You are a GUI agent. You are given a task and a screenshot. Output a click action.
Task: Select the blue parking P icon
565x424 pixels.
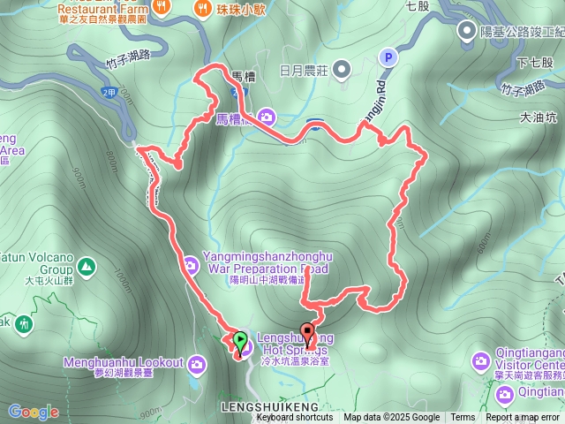pyautogui.click(x=387, y=57)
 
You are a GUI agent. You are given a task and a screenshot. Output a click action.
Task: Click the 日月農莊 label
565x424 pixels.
pyautogui.click(x=304, y=69)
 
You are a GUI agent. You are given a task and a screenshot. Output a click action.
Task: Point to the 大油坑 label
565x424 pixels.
pyautogui.click(x=539, y=116)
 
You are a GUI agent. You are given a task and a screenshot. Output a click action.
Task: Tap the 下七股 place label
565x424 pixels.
pyautogui.click(x=534, y=62)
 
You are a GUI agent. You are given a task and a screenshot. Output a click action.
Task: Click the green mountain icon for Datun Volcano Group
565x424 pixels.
pyautogui.click(x=87, y=265)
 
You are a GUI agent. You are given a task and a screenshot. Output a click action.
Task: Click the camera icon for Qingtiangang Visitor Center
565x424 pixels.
pyautogui.click(x=480, y=360)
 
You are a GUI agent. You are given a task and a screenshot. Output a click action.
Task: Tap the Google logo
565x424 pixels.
pyautogui.click(x=34, y=412)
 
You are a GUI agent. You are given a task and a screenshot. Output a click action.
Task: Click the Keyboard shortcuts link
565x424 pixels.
pyautogui.click(x=296, y=418)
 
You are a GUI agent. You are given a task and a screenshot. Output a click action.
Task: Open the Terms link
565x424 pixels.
pyautogui.click(x=463, y=418)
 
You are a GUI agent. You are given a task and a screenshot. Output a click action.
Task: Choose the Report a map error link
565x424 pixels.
pyautogui.click(x=524, y=418)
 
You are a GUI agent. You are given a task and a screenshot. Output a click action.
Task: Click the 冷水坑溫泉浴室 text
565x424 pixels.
pyautogui.click(x=294, y=361)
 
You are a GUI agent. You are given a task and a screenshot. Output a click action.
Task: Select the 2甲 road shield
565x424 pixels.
pyautogui.click(x=109, y=92)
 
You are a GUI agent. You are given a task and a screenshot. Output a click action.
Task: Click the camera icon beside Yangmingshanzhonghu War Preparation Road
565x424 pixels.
pyautogui.click(x=191, y=262)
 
